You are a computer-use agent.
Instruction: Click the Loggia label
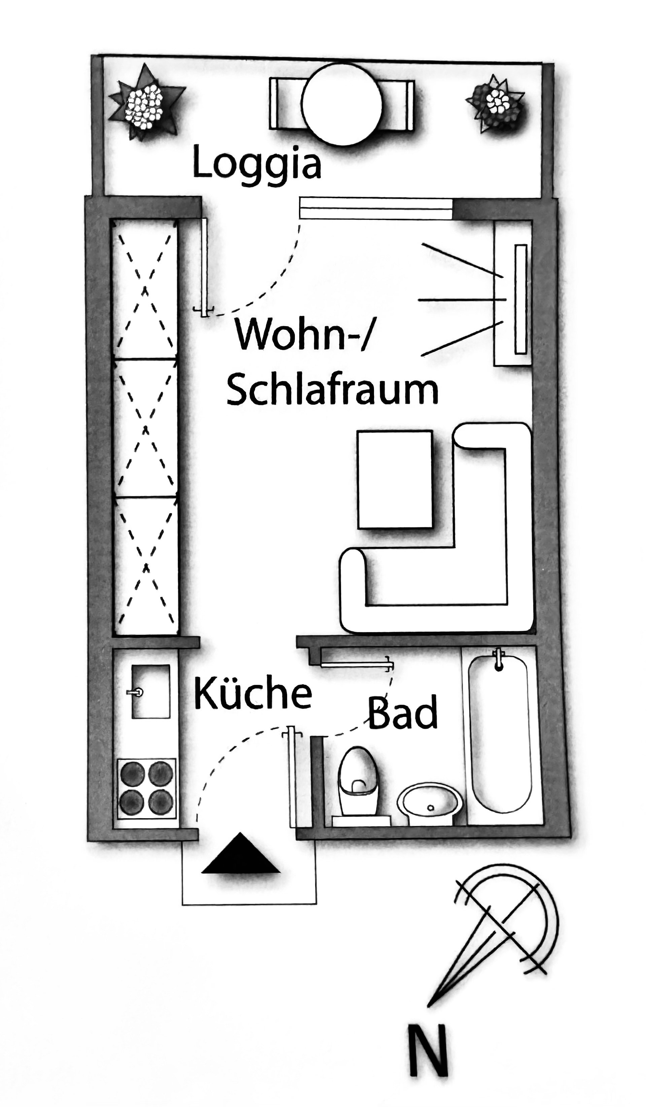click(x=257, y=164)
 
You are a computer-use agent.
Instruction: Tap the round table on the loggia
click(x=342, y=104)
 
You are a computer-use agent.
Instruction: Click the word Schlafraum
click(x=333, y=388)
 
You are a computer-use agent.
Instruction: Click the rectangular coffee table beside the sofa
click(x=395, y=479)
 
